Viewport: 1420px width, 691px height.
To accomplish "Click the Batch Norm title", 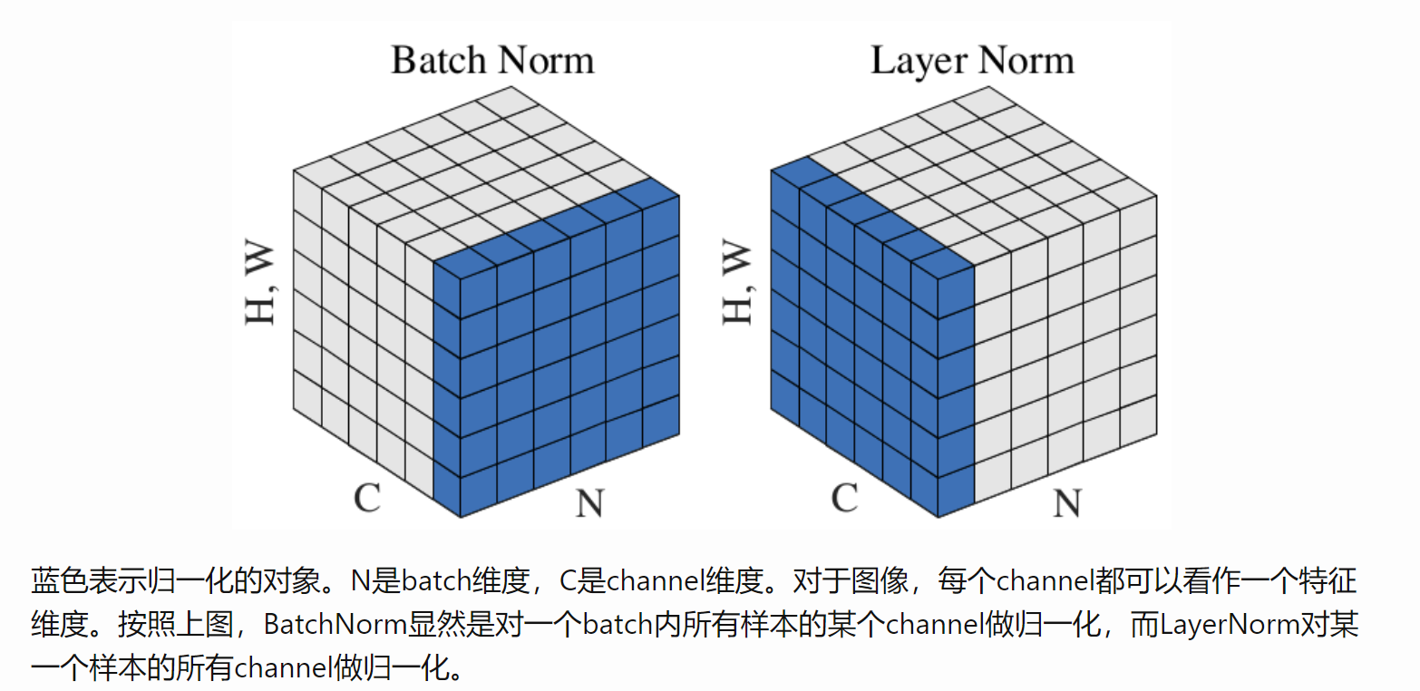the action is click(x=492, y=61).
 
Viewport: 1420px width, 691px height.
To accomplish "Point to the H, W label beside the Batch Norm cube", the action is click(x=260, y=282).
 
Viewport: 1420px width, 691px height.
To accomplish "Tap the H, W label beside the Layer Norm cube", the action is click(x=737, y=282).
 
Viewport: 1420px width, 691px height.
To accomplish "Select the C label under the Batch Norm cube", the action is click(x=367, y=498).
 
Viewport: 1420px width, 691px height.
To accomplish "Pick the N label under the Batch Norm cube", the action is click(x=590, y=503).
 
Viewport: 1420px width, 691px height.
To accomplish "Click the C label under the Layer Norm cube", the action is click(x=845, y=498).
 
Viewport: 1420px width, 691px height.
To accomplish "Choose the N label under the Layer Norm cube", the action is click(x=1067, y=503).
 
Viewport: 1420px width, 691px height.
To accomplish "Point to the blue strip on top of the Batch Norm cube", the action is click(x=557, y=229).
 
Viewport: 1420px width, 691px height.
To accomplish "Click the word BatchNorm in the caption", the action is click(x=335, y=625).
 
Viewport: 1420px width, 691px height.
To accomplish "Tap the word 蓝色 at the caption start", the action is click(x=59, y=580).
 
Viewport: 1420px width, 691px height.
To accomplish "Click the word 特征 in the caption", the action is click(x=1328, y=580).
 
